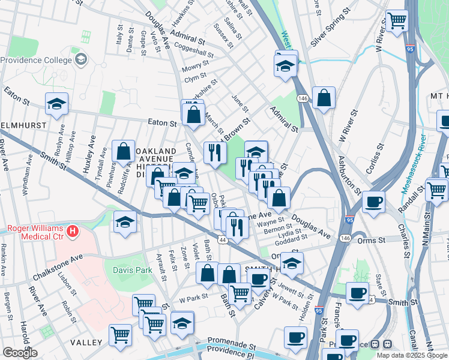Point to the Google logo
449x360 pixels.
pos(20,353)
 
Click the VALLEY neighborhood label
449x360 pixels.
pos(86,342)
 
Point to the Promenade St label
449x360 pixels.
pos(232,347)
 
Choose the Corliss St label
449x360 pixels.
pos(380,155)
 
